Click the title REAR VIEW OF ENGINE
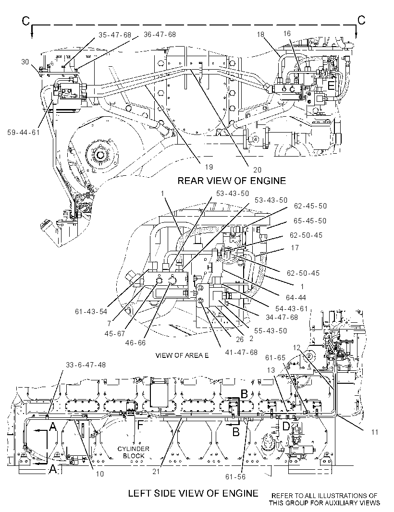click(x=231, y=181)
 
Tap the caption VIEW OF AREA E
click(x=182, y=355)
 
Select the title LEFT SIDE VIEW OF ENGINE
click(x=193, y=493)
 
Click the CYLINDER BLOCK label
click(x=133, y=452)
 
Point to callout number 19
click(x=209, y=167)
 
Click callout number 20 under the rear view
click(x=257, y=170)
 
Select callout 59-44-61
click(x=23, y=132)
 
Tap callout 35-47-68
click(x=115, y=35)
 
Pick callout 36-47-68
click(x=160, y=35)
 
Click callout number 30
click(x=25, y=61)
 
